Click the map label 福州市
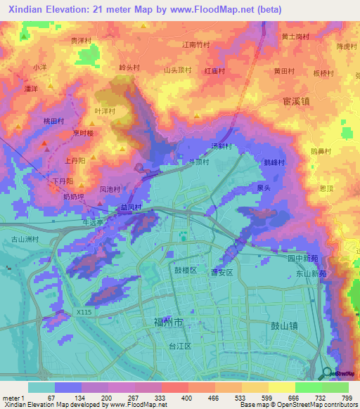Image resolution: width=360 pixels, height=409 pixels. click(x=168, y=321)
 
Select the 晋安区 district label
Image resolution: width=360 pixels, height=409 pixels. click(x=221, y=273)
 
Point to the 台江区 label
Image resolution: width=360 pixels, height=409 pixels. click(x=180, y=346)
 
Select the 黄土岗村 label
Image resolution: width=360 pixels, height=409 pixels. click(x=295, y=37)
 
